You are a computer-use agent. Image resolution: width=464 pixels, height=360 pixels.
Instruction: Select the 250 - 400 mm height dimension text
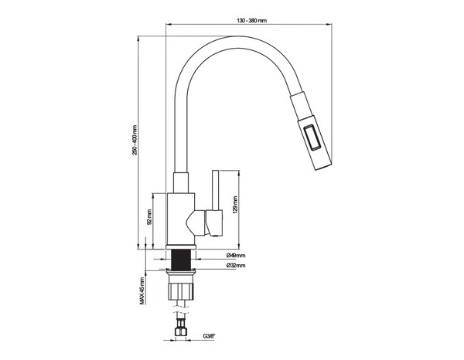click(136, 142)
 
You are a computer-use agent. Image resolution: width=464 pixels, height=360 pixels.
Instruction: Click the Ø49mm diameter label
click(236, 256)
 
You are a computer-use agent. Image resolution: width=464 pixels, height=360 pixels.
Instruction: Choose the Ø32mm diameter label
click(236, 265)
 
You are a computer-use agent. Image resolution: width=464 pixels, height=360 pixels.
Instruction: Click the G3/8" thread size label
click(209, 335)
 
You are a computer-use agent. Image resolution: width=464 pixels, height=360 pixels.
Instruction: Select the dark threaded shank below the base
click(183, 260)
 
